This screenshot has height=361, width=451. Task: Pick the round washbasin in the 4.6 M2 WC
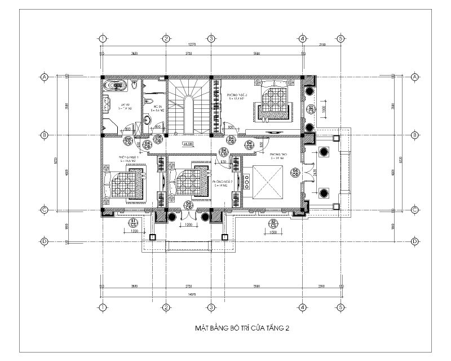click(147, 119)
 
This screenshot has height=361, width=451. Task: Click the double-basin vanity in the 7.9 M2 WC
click(107, 105)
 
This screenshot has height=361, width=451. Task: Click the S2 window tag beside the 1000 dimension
click(311, 109)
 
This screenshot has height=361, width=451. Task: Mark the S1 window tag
click(134, 222)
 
